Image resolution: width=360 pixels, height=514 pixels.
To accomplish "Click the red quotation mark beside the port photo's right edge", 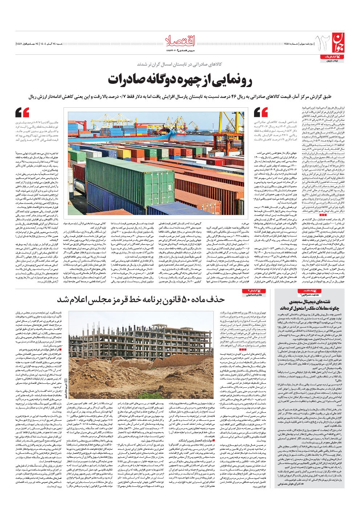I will [261, 112].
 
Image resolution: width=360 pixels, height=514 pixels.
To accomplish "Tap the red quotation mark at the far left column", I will [22, 112].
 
